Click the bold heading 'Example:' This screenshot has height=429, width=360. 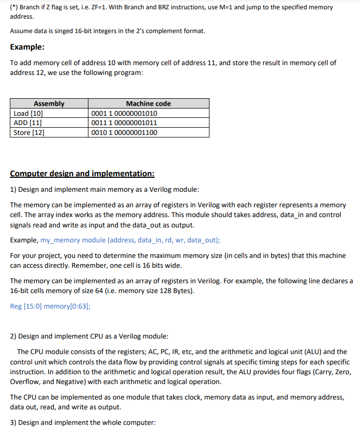27,47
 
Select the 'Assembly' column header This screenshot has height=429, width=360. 49,103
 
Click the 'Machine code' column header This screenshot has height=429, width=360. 148,103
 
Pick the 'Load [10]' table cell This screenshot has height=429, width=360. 28,113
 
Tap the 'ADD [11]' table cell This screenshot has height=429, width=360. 27,122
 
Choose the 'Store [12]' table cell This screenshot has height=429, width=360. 29,132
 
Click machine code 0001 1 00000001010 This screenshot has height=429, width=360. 124,113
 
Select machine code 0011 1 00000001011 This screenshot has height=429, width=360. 124,122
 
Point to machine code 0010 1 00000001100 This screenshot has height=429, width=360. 124,132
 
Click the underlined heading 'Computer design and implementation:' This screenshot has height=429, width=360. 82,174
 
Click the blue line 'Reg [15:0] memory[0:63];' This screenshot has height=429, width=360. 50,306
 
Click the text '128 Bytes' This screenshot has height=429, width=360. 176,291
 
